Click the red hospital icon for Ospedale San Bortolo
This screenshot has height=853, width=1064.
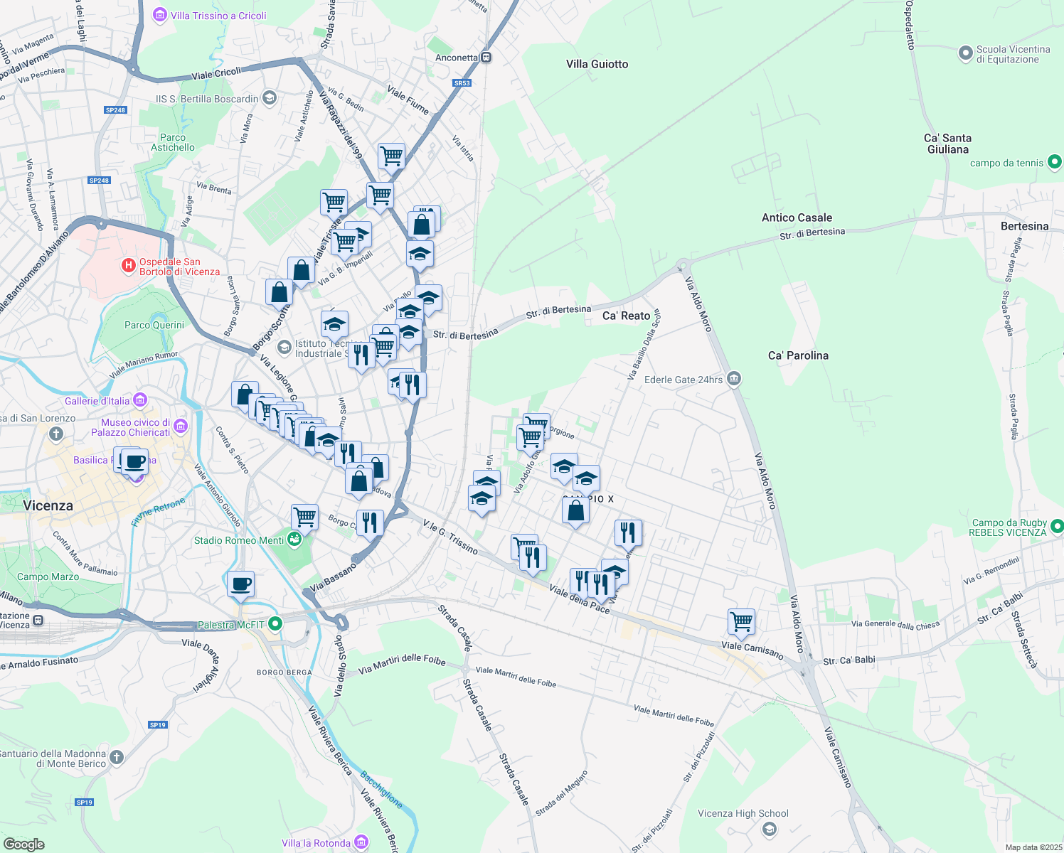pyautogui.click(x=128, y=266)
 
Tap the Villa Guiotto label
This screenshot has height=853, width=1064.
pyautogui.click(x=597, y=64)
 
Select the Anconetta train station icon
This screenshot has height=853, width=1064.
pyautogui.click(x=486, y=58)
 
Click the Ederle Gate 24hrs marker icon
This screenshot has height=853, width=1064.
pyautogui.click(x=734, y=379)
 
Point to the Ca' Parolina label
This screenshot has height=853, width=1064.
pyautogui.click(x=798, y=355)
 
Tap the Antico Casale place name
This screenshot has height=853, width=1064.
pyautogui.click(x=797, y=218)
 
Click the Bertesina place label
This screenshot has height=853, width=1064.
pyautogui.click(x=1024, y=226)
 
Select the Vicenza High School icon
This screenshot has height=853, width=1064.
pyautogui.click(x=769, y=829)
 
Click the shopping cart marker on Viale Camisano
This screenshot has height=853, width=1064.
pyautogui.click(x=741, y=621)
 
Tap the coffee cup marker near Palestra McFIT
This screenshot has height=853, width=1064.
pyautogui.click(x=240, y=584)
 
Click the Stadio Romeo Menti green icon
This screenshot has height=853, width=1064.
pyautogui.click(x=294, y=540)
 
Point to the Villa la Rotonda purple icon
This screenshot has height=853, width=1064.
pyautogui.click(x=361, y=842)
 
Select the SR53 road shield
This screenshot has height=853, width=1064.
pyautogui.click(x=462, y=83)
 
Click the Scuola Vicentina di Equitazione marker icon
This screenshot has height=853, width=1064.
pyautogui.click(x=965, y=53)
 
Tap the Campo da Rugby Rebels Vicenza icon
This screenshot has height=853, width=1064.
pyautogui.click(x=1057, y=527)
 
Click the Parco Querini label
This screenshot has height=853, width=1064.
pyautogui.click(x=154, y=325)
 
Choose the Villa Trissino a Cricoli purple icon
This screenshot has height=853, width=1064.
pyautogui.click(x=159, y=15)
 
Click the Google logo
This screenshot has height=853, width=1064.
pyautogui.click(x=23, y=844)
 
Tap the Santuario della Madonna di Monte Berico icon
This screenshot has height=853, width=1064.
pyautogui.click(x=117, y=758)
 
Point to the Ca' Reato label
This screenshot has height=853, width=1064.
pyautogui.click(x=626, y=316)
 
